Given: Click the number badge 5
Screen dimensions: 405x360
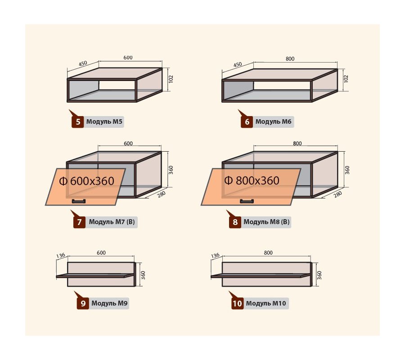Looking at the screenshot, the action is [x=78, y=121].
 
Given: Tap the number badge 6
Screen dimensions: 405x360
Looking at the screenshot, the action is [x=247, y=121].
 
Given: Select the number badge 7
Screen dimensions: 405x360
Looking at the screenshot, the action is [x=79, y=222].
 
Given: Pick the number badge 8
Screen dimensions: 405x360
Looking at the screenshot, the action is [x=235, y=222].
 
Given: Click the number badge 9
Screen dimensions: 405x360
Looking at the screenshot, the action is [x=83, y=303].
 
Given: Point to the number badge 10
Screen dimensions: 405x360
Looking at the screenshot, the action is [x=237, y=303].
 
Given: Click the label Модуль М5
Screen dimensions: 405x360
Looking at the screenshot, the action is [x=104, y=121].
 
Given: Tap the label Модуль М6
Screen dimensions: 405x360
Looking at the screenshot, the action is [x=273, y=121].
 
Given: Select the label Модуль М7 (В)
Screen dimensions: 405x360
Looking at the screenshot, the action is [x=112, y=222].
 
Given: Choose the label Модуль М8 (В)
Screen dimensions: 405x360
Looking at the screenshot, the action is [x=266, y=222].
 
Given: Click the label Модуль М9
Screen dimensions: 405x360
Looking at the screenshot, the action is [x=109, y=303].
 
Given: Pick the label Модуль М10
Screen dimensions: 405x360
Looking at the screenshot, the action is [x=266, y=303].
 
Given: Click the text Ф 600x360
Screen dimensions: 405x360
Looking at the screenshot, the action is [x=86, y=181].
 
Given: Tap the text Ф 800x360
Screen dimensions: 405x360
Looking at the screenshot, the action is [x=252, y=180].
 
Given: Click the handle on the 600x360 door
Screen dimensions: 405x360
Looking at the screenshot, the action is [x=79, y=202].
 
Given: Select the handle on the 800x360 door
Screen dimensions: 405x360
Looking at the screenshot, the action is [x=247, y=202].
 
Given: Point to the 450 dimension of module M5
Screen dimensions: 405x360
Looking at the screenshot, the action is [x=83, y=63].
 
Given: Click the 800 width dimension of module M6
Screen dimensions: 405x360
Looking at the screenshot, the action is [x=290, y=59].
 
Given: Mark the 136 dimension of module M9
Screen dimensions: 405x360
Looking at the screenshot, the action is [x=60, y=256].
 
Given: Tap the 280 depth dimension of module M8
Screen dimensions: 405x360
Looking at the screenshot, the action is [x=337, y=194].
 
